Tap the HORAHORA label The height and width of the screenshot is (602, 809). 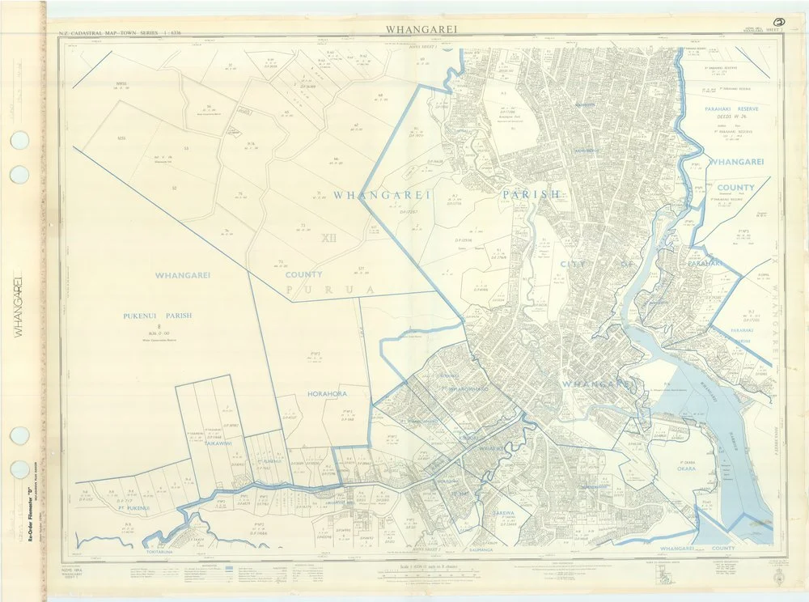[x=327, y=393]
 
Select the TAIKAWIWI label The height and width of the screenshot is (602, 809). [x=218, y=444]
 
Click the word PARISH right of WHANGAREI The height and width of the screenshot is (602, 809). [x=530, y=195]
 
